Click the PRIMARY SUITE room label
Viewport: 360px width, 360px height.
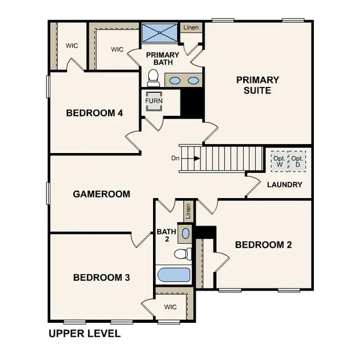pyautogui.click(x=257, y=85)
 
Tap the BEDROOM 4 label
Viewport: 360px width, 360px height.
pyautogui.click(x=95, y=113)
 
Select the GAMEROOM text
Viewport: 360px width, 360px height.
pyautogui.click(x=101, y=194)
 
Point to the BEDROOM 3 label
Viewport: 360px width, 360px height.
pyautogui.click(x=101, y=277)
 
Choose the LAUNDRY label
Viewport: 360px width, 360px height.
pyautogui.click(x=284, y=185)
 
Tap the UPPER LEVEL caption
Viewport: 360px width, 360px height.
pyautogui.click(x=84, y=332)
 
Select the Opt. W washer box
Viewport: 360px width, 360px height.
pyautogui.click(x=278, y=160)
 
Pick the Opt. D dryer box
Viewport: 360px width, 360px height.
pyautogui.click(x=296, y=160)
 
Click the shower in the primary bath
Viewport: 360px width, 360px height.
pyautogui.click(x=160, y=32)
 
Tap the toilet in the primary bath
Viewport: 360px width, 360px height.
pyautogui.click(x=152, y=77)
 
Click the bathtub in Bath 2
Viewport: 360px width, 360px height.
pyautogui.click(x=174, y=276)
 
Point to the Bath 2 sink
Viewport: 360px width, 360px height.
pyautogui.click(x=185, y=233)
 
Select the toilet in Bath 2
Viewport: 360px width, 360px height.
pyautogui.click(x=184, y=254)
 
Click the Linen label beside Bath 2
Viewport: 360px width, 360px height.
pyautogui.click(x=188, y=211)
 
